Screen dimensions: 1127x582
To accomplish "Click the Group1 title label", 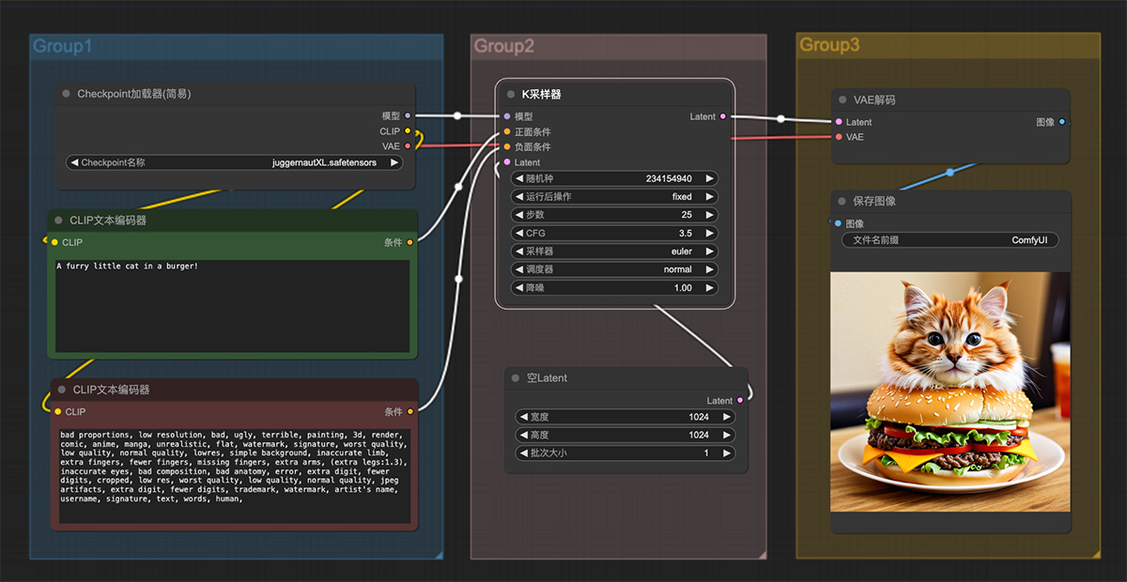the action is coord(62,46).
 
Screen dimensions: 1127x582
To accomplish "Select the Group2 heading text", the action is coord(503,46).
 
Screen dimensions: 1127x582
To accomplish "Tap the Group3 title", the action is coord(829,45).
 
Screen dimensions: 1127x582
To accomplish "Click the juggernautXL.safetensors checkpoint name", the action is coord(324,162).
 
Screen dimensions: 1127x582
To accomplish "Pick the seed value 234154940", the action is coord(669,178).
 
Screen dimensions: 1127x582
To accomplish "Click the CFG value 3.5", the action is coord(686,233).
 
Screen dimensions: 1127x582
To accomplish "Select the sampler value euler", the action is coord(681,251).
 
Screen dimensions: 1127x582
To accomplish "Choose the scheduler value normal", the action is coord(678,269).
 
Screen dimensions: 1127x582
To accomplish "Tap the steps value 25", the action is coord(687,215).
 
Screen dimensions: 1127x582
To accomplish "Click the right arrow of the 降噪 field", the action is coord(709,288).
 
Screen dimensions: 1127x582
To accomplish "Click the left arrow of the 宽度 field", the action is coord(524,417).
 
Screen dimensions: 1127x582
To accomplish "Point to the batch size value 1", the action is coord(706,452).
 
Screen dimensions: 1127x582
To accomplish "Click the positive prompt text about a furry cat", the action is coord(128,266).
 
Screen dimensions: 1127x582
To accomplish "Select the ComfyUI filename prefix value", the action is coord(1029,240).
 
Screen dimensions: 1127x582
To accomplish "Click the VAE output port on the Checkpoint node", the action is coord(408,145).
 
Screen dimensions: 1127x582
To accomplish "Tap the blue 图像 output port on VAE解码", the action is coord(1061,122).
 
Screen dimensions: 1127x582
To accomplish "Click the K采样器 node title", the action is coord(541,94).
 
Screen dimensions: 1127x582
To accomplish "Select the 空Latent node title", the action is coord(547,377).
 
